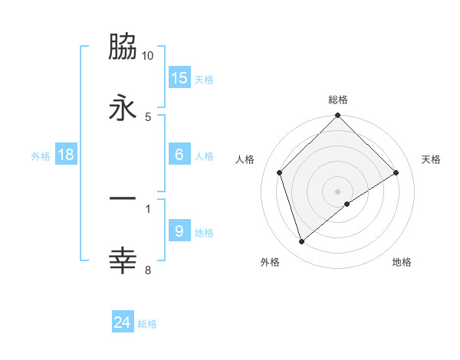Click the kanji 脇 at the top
point(123,47)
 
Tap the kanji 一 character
point(123,199)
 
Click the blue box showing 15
point(179,78)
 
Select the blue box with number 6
point(179,155)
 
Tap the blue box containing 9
point(179,231)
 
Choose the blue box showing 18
point(66,155)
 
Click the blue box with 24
point(123,322)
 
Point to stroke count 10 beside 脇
point(148,56)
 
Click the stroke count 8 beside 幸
point(148,270)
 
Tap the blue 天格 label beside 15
point(203,80)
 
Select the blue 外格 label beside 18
point(41,156)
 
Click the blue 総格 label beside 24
point(147,324)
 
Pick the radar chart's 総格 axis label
point(338,100)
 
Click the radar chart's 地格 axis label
point(402,262)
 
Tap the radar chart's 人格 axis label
point(245,159)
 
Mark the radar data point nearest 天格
point(396,172)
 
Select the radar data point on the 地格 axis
point(347,204)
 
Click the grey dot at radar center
point(338,191)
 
